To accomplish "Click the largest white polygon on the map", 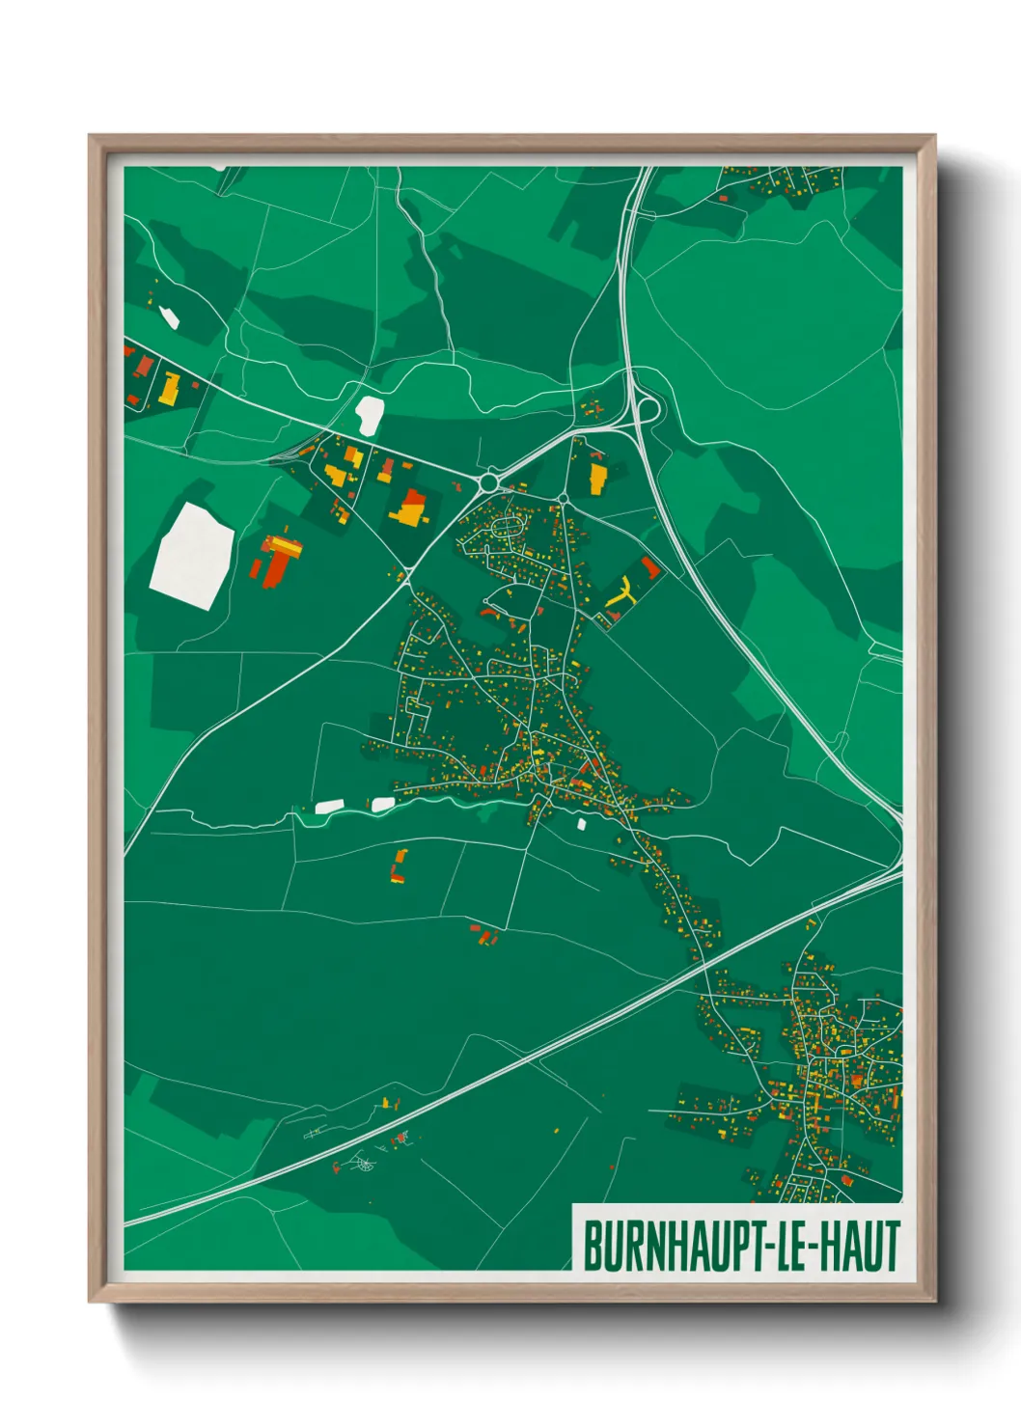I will coord(191,556).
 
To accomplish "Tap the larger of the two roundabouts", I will coord(489,481).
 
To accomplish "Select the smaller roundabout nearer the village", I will coord(563,499).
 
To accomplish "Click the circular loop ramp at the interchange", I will coord(647,410).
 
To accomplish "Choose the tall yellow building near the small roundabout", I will coord(597,476).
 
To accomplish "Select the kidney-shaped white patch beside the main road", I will coord(370,415).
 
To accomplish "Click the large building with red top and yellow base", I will coord(412,508).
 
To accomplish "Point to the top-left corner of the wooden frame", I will coord(90,137).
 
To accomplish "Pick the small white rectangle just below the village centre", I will coord(581,824).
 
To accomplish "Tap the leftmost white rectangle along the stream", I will coord(329,806).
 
